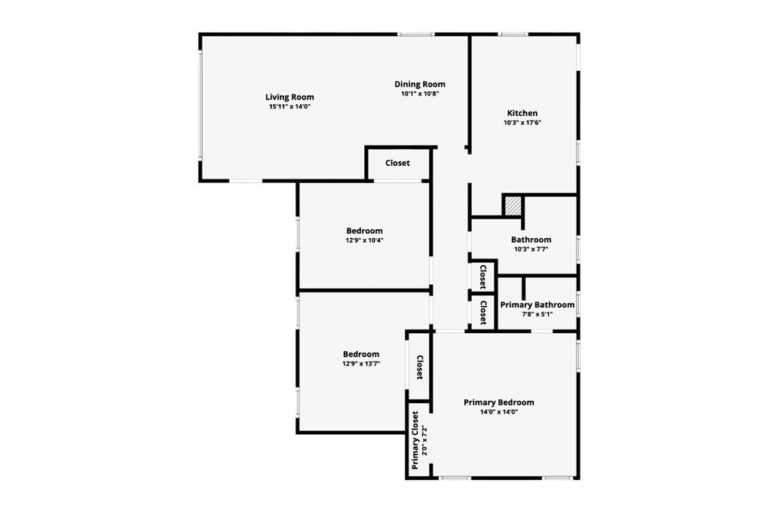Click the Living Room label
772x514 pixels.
click(x=289, y=97)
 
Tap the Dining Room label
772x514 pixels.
click(x=420, y=84)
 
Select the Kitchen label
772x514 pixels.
click(x=522, y=113)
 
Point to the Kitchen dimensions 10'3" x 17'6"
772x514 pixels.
click(x=522, y=123)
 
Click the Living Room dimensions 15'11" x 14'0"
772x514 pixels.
click(x=289, y=107)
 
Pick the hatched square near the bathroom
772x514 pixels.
click(x=513, y=206)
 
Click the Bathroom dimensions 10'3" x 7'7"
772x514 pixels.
click(x=531, y=249)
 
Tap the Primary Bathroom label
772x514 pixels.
click(x=537, y=304)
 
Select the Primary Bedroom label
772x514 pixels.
click(x=498, y=402)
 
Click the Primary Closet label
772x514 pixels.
click(x=415, y=439)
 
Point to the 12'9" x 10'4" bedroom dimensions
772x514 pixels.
click(x=364, y=240)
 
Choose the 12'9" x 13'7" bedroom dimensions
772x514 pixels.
click(x=361, y=363)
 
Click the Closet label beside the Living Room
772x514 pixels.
click(x=397, y=163)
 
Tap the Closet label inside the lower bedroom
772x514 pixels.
click(x=420, y=367)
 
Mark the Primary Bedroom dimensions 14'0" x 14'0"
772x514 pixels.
click(x=498, y=412)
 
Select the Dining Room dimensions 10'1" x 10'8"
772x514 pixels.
click(x=420, y=94)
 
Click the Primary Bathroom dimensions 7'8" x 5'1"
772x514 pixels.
click(x=537, y=314)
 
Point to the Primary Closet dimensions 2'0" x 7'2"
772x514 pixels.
click(x=424, y=439)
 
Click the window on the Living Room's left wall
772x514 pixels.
click(x=201, y=106)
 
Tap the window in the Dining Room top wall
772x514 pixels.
click(x=415, y=34)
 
